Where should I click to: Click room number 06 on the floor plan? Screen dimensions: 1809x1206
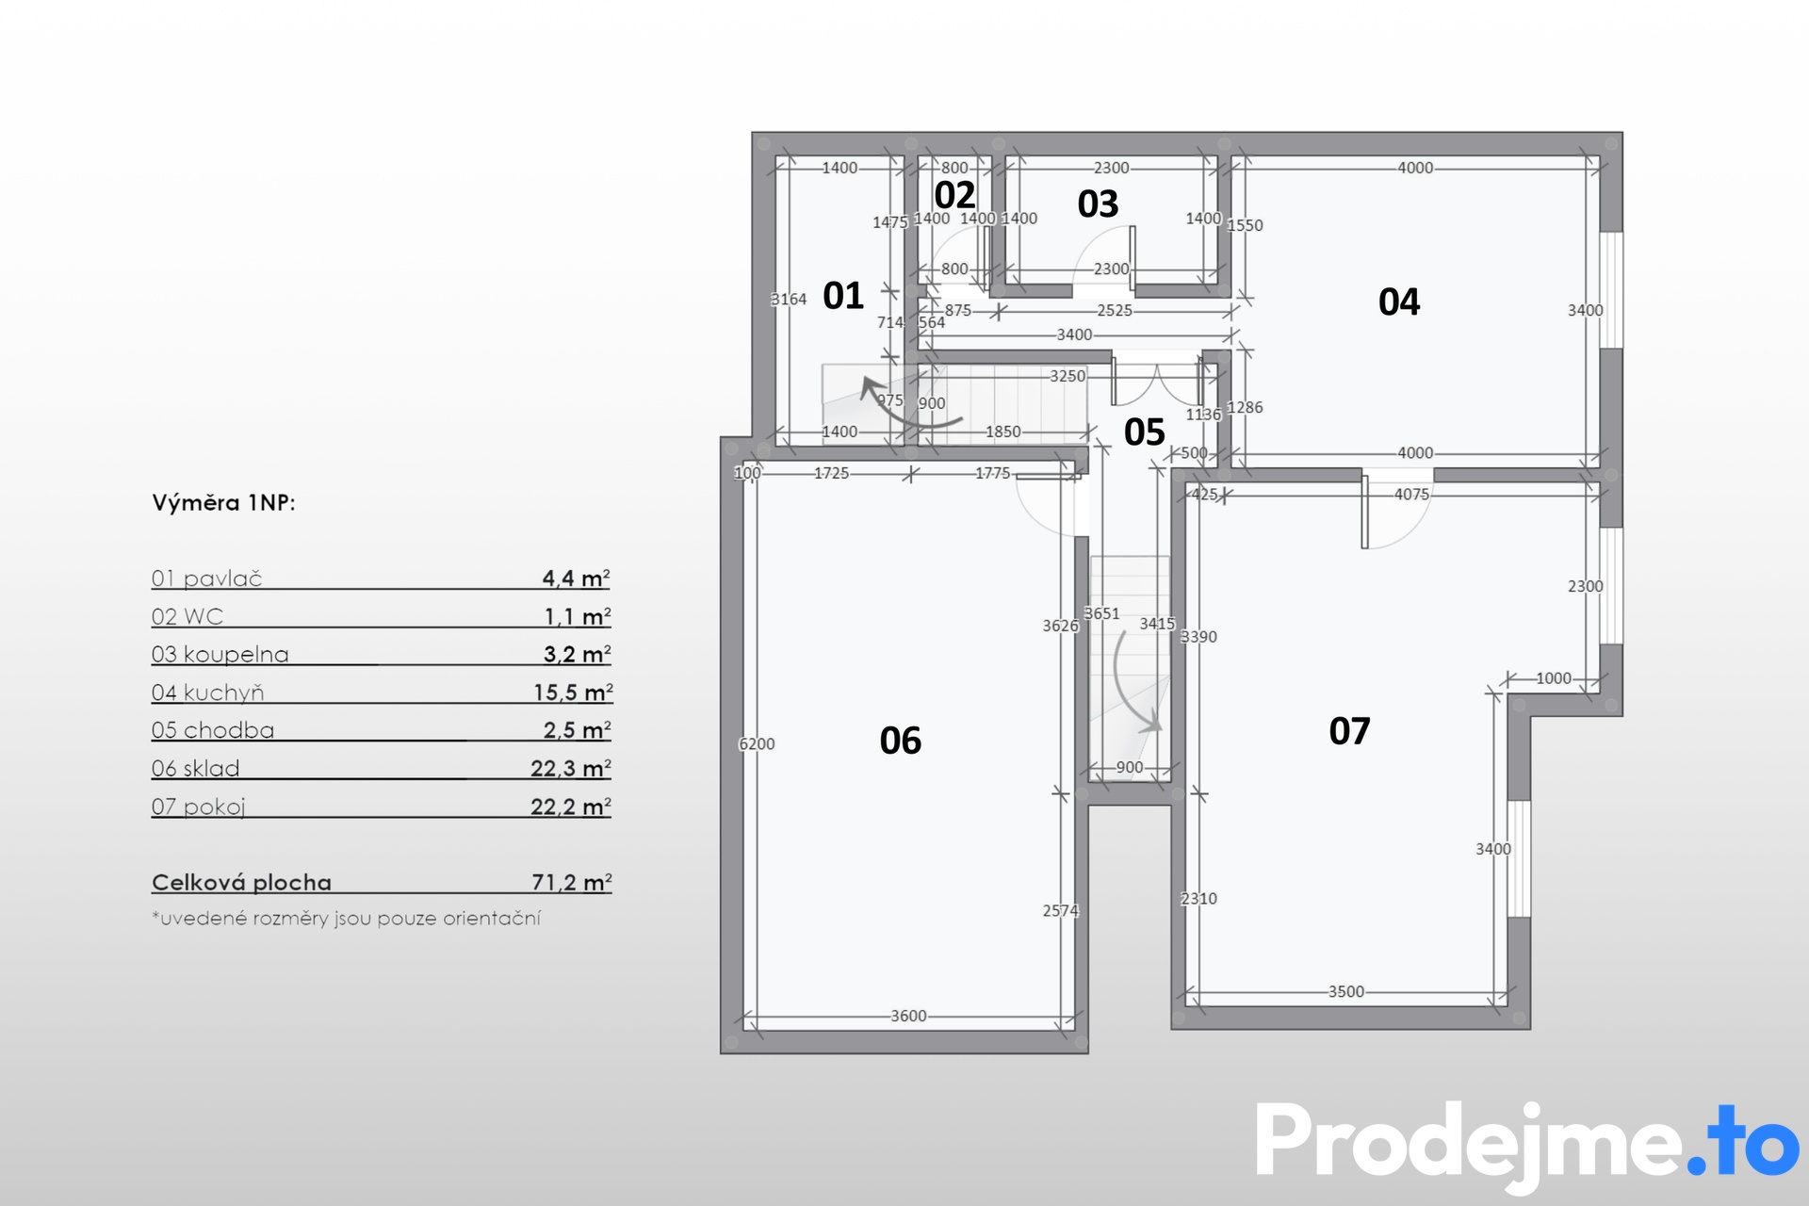point(900,741)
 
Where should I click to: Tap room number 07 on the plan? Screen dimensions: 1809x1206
point(1349,731)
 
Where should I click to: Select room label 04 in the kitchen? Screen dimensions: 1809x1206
point(1398,301)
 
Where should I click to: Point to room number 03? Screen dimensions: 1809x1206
point(1098,204)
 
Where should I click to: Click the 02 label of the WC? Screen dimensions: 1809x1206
point(954,195)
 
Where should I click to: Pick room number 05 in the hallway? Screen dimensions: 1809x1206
point(1145,432)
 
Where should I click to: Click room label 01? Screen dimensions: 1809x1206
point(843,296)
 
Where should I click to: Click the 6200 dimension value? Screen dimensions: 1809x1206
point(757,744)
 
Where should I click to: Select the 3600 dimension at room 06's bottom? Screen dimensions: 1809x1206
point(908,1016)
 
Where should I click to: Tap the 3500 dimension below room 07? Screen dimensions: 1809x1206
point(1346,991)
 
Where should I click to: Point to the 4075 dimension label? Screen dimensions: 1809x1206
point(1411,494)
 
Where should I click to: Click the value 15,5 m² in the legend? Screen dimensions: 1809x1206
point(573,693)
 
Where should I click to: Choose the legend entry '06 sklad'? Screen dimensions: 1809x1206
point(195,768)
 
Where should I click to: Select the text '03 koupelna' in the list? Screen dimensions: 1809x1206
point(220,654)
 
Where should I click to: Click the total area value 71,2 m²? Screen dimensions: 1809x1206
point(572,882)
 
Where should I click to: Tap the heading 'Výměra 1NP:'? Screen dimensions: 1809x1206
point(223,503)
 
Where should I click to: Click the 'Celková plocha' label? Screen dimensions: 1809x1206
point(241,883)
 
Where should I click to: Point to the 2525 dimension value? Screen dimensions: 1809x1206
point(1115,310)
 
